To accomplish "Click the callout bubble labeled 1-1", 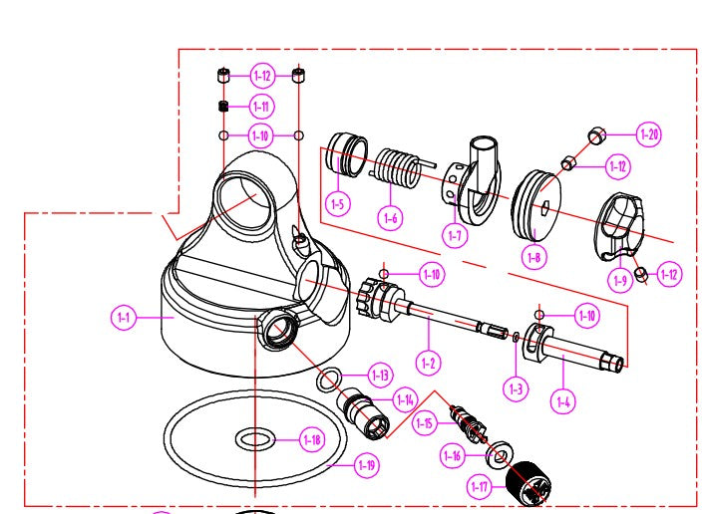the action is pos(123,318).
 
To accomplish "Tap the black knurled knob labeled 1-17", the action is pos(528,483).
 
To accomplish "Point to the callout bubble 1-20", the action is pos(649,133).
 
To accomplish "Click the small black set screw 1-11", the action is pos(223,106).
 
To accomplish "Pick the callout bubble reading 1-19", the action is pos(367,465).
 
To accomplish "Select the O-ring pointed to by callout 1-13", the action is pos(329,379).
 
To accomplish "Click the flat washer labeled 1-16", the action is pos(500,455).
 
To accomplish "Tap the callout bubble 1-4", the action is pos(563,401).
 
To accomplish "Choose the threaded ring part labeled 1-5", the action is pos(347,154).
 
